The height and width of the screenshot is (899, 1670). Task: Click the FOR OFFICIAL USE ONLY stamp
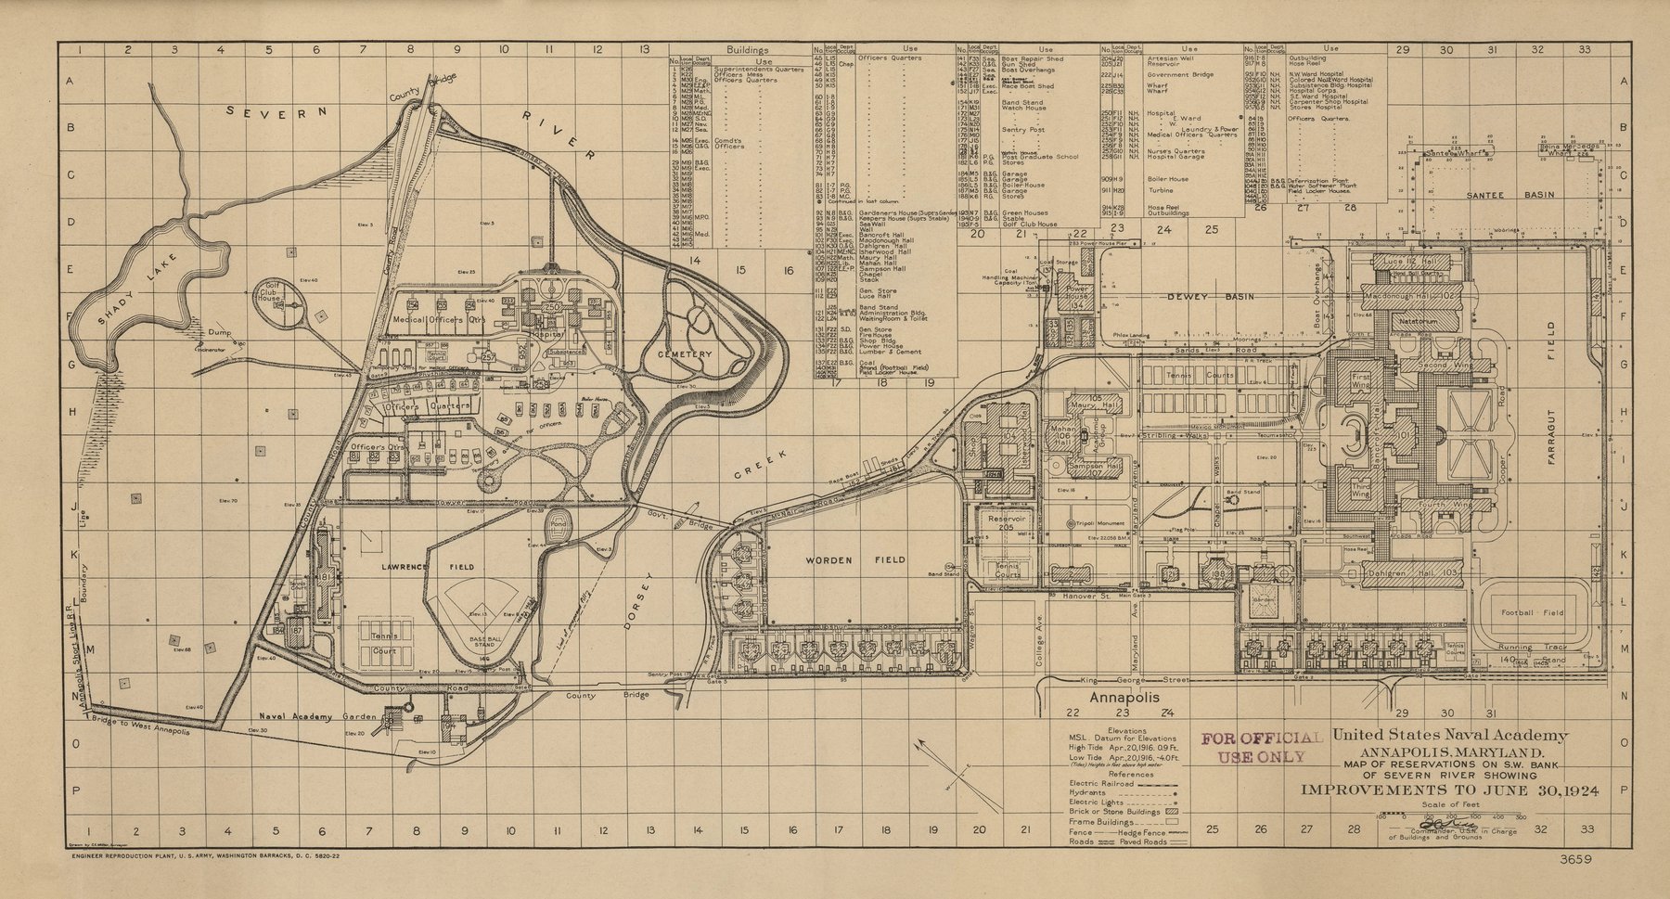(1262, 746)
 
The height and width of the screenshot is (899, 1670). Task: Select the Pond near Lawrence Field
(557, 523)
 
